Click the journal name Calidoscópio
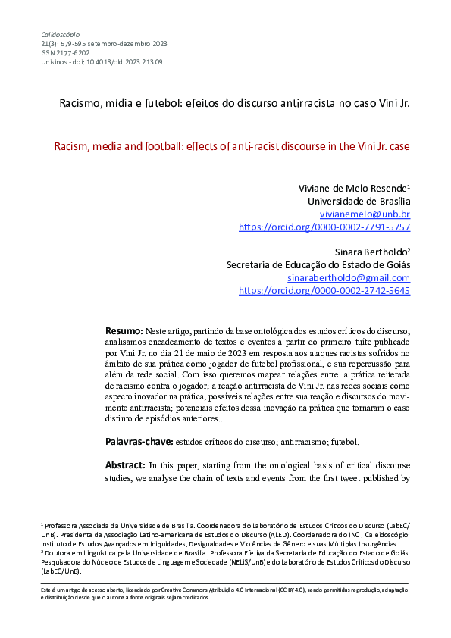[x=60, y=35]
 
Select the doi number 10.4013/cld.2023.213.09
[x=118, y=62]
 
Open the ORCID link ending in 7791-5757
[x=324, y=227]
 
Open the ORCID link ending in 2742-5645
[x=324, y=290]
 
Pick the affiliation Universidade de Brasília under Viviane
[x=359, y=202]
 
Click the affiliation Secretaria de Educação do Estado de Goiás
[x=318, y=265]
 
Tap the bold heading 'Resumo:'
[x=124, y=331]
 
